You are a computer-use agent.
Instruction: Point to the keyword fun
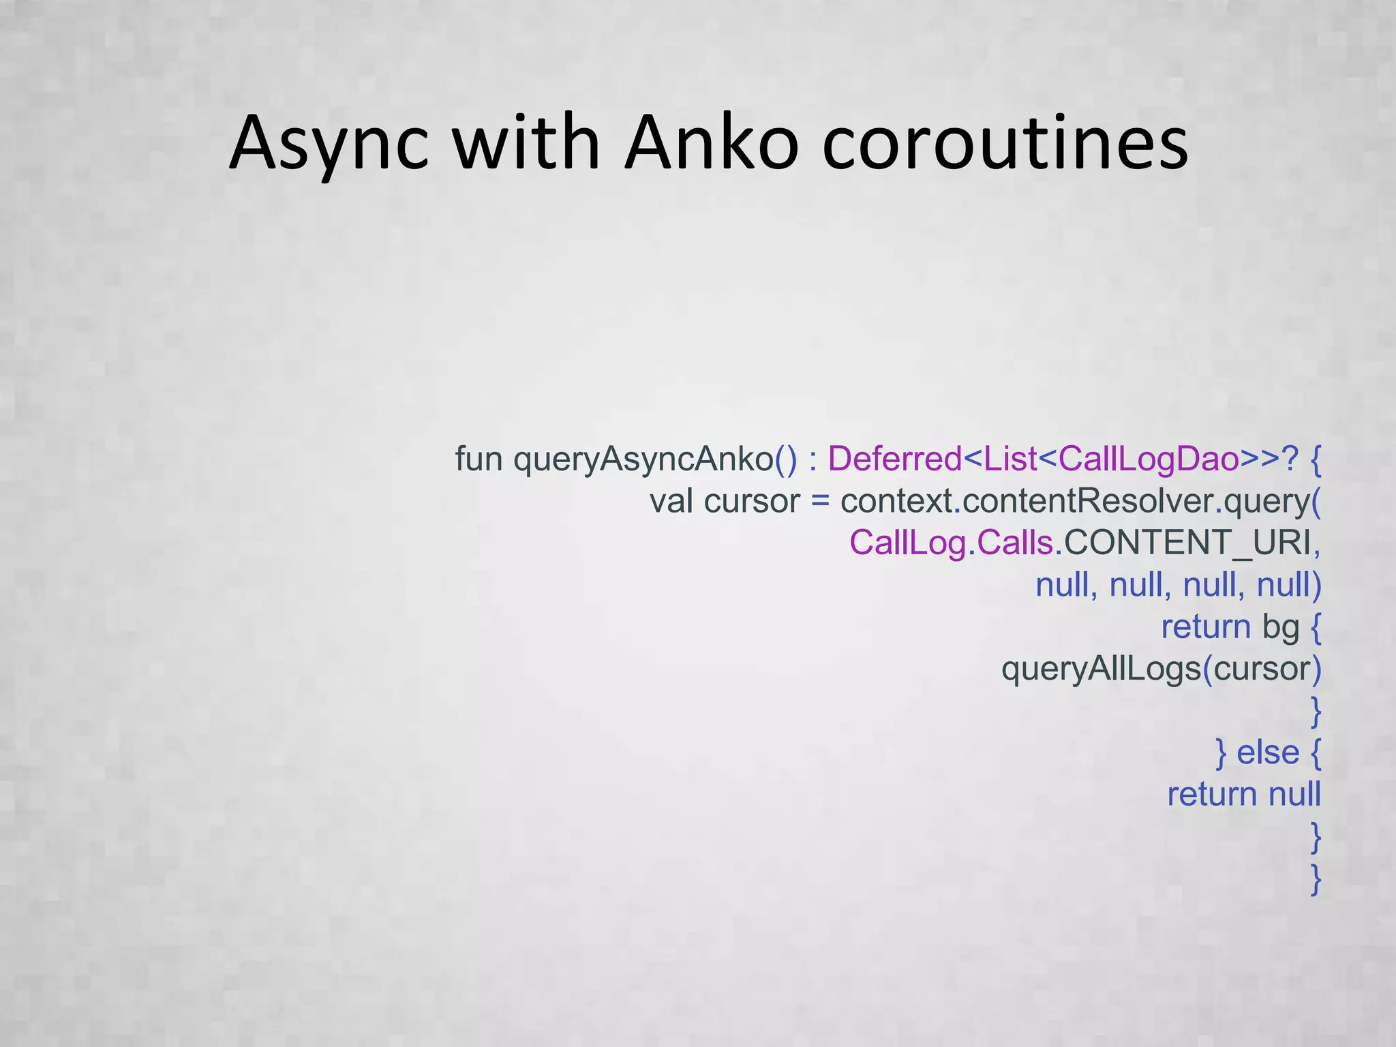pyautogui.click(x=479, y=459)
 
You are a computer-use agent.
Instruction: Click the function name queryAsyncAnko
pyautogui.click(x=643, y=459)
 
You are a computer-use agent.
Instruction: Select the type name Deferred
pyautogui.click(x=894, y=459)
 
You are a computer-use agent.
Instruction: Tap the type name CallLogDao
pyautogui.click(x=1149, y=459)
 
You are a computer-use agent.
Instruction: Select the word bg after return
pyautogui.click(x=1281, y=627)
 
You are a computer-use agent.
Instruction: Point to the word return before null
pyautogui.click(x=1212, y=795)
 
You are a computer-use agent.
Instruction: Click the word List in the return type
pyautogui.click(x=1010, y=459)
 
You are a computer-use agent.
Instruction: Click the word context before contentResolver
pyautogui.click(x=896, y=501)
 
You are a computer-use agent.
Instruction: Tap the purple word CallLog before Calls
pyautogui.click(x=907, y=543)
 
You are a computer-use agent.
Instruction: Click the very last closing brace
pyautogui.click(x=1316, y=879)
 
